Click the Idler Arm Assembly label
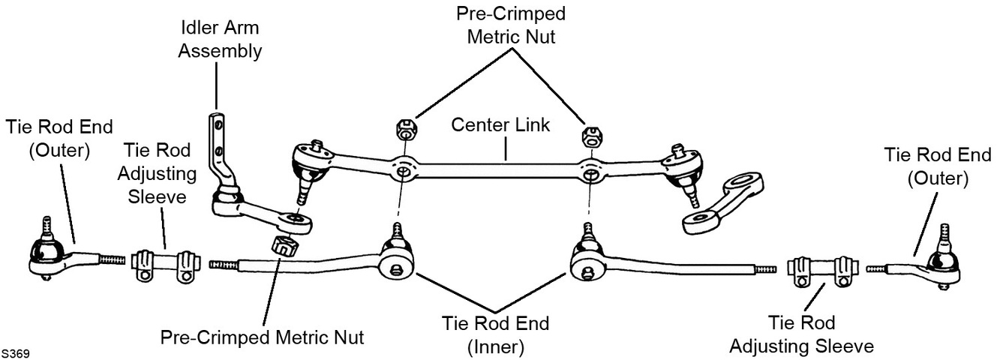tap(220, 39)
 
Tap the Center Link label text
tap(500, 125)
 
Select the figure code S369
tap(15, 354)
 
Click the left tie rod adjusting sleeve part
tap(166, 266)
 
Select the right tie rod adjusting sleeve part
tap(823, 272)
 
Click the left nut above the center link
tap(407, 130)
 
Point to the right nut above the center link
tap(593, 136)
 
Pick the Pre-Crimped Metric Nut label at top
tap(511, 25)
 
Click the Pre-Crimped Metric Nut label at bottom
tap(262, 337)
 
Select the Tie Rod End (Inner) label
tap(496, 335)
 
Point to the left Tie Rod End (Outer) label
tap(59, 139)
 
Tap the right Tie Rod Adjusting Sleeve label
tap(802, 334)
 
